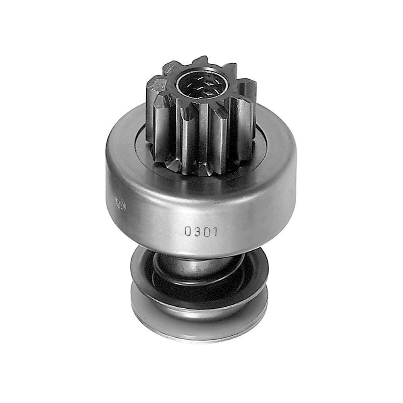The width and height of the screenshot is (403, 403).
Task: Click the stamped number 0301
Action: [201, 231]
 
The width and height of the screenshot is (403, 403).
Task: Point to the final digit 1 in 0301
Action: [215, 231]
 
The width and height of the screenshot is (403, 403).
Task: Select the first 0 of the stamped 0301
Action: [188, 231]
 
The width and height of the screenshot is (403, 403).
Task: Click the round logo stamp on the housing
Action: [120, 203]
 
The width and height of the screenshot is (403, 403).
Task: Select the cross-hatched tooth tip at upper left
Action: [170, 67]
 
